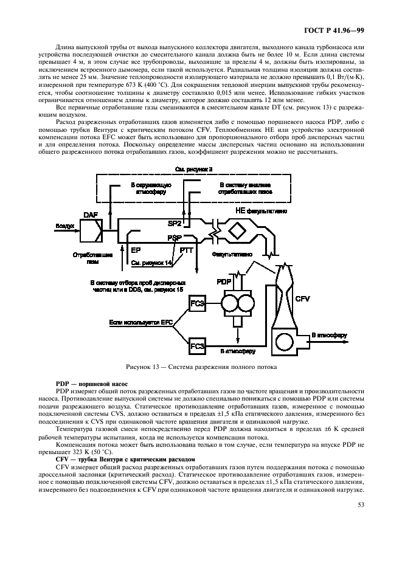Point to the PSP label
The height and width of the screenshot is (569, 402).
(176, 239)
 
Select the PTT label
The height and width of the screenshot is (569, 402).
(187, 250)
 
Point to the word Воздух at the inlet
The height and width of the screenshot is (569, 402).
(65, 226)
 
